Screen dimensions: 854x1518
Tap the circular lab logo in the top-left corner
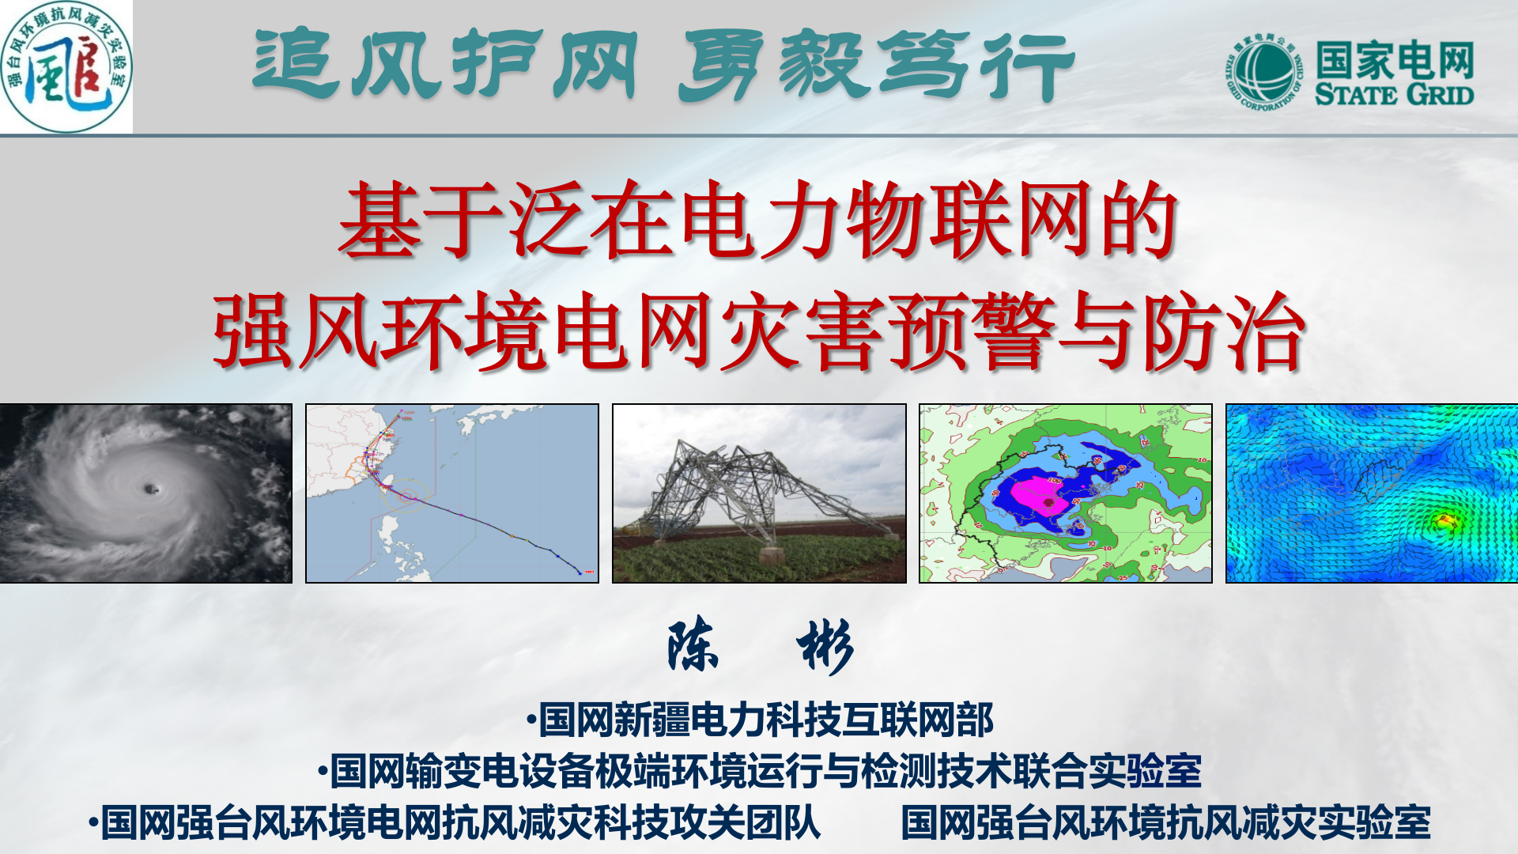point(66,66)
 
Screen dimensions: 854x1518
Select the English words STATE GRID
point(1394,96)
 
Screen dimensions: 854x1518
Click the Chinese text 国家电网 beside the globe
point(1395,59)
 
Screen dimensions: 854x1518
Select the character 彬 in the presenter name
point(825,646)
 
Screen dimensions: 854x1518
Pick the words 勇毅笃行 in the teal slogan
point(876,65)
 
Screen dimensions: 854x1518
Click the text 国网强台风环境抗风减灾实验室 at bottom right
point(1165,822)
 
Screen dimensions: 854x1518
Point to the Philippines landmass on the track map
point(395,546)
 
